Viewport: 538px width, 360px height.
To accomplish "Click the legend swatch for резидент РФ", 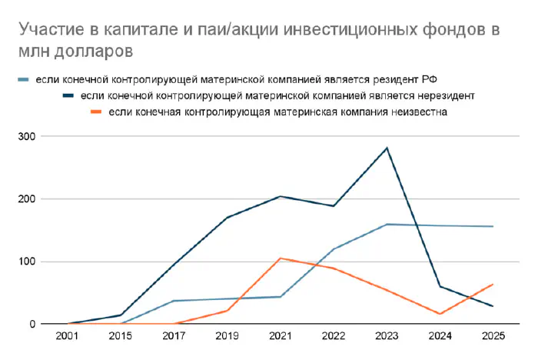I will pos(24,80).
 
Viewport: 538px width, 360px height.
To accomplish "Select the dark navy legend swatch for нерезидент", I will pos(68,96).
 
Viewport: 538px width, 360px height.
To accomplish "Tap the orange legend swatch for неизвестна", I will pos(96,112).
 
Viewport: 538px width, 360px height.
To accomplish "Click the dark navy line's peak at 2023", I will pos(387,148).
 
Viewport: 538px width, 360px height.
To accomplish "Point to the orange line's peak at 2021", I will pos(281,258).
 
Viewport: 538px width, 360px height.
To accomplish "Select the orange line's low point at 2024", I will pos(440,314).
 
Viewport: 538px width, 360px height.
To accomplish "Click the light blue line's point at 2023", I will pos(387,224).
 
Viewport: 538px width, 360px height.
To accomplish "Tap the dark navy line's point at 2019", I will pos(227,218).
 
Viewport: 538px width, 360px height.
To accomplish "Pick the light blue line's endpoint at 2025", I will pos(493,226).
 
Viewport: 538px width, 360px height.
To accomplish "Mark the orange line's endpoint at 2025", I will pos(493,285).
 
